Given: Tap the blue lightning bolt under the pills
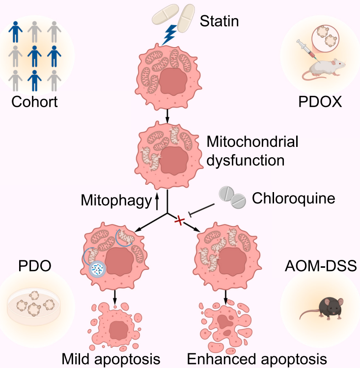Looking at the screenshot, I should point(169,34).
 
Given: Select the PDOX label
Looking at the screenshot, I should point(321,102).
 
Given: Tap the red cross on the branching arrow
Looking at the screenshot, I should point(180,221).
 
